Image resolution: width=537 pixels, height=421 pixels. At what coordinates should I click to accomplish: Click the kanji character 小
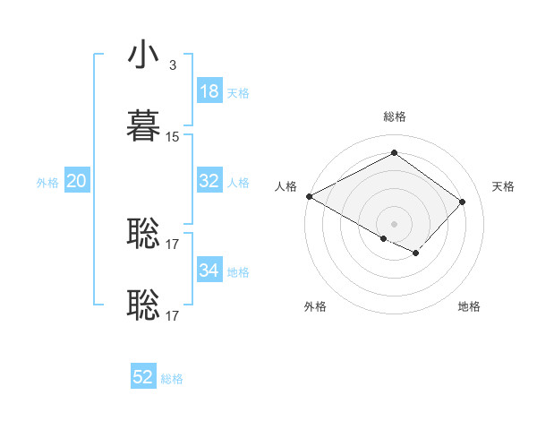click(143, 56)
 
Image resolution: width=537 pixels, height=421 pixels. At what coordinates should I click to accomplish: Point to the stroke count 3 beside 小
click(173, 65)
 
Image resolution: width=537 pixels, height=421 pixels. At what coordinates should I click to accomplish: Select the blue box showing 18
click(209, 91)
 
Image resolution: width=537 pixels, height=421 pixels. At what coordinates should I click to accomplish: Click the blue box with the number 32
click(209, 181)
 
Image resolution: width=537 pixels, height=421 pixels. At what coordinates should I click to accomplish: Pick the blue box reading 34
click(209, 271)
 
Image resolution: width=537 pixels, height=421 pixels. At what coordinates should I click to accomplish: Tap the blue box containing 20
click(76, 181)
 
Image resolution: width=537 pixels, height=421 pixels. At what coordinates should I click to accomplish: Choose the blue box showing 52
click(143, 377)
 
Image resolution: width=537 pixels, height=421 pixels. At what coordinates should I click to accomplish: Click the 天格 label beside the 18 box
click(238, 93)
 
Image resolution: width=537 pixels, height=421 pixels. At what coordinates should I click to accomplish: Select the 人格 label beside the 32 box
click(238, 183)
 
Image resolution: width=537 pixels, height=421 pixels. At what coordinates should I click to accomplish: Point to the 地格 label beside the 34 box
click(238, 272)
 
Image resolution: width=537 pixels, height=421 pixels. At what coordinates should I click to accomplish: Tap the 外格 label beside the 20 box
click(47, 183)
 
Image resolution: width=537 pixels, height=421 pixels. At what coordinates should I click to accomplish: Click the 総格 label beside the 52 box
click(172, 379)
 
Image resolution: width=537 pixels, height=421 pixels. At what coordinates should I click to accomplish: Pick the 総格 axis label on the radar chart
click(394, 116)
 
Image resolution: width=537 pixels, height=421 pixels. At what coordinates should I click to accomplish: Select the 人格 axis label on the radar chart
click(286, 186)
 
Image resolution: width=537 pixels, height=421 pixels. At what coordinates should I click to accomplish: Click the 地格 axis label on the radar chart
click(469, 306)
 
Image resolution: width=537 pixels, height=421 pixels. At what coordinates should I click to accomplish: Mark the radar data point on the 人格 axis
click(309, 196)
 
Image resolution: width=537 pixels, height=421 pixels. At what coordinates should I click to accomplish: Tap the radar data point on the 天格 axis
click(463, 202)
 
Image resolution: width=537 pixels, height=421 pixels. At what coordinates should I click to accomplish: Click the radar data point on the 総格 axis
click(394, 152)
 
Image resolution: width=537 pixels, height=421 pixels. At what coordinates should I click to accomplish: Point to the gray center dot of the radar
click(394, 223)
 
